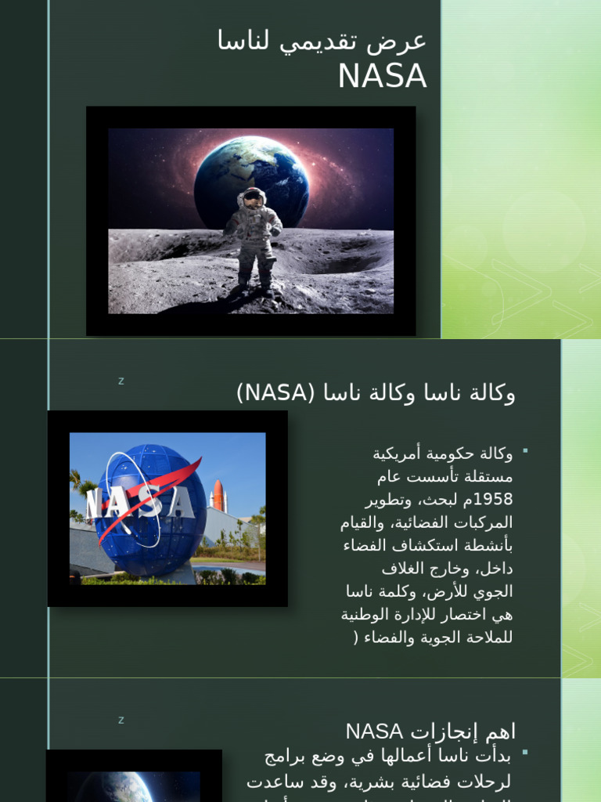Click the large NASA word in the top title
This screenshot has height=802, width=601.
click(382, 76)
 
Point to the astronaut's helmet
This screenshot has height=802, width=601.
click(252, 198)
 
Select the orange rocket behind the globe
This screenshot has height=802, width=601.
click(218, 497)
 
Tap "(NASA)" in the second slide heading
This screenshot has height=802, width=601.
click(275, 392)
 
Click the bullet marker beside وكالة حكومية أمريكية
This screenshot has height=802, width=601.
click(525, 450)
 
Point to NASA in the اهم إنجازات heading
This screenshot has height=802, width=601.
click(375, 732)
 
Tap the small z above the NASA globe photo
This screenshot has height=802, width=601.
click(121, 381)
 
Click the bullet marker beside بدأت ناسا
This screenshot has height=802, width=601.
click(525, 753)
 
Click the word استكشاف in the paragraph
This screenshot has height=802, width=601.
click(441, 545)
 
